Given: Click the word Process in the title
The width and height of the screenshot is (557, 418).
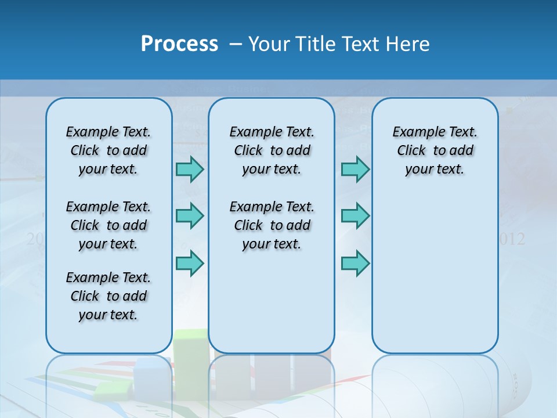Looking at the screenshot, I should (179, 44).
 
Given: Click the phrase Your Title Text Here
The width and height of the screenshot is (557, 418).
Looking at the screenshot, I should (339, 44).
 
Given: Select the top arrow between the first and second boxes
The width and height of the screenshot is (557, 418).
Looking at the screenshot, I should (190, 169).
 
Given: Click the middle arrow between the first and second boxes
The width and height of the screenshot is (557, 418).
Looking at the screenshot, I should (190, 216).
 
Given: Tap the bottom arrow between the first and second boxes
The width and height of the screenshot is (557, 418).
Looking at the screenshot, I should (190, 263).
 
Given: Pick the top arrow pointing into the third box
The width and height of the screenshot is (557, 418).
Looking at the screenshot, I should (355, 169).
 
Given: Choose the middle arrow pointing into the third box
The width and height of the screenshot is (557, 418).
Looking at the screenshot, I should (355, 216).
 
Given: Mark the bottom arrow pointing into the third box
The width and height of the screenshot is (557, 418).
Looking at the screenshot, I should (355, 263).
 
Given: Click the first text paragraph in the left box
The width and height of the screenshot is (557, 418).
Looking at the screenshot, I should (108, 150).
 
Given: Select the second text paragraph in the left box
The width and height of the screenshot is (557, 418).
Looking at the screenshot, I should (108, 225).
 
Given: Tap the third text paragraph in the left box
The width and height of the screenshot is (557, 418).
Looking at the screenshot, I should (108, 296).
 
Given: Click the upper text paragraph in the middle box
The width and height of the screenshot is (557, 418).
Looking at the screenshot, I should (272, 150).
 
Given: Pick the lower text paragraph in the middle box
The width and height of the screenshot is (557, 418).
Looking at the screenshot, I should (272, 225).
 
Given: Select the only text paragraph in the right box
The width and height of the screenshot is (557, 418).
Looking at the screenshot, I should (435, 150).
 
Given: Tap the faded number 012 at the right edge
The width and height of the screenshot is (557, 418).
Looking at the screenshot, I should (512, 239).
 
